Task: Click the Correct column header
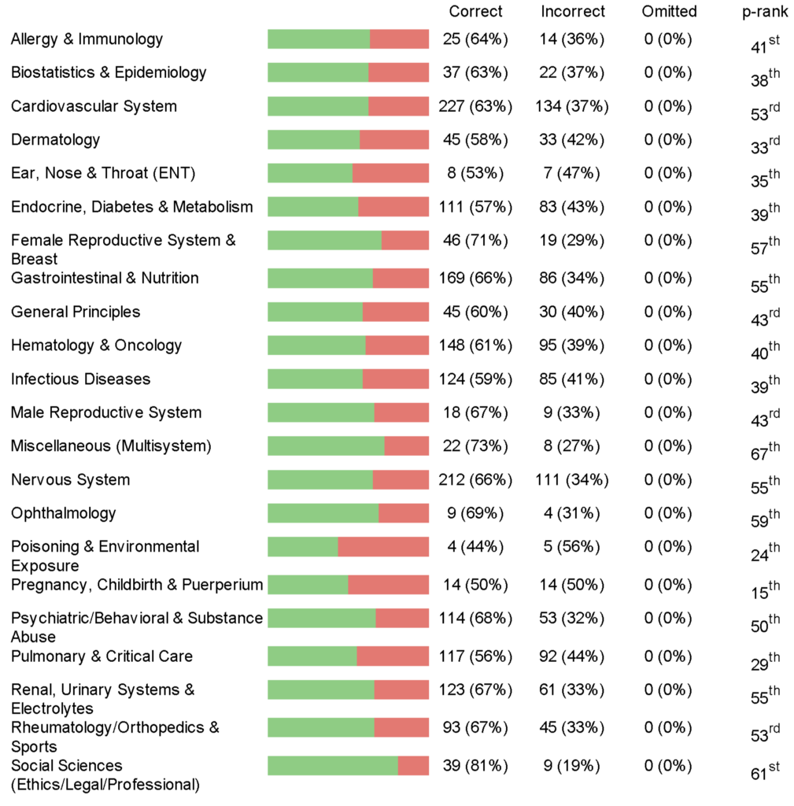click(x=475, y=11)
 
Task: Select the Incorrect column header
click(x=573, y=11)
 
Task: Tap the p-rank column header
click(x=765, y=11)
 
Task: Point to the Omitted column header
click(x=669, y=11)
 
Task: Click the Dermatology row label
click(x=56, y=140)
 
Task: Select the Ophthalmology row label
click(x=63, y=513)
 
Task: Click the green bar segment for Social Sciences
click(x=332, y=766)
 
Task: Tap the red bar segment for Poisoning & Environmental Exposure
click(x=383, y=547)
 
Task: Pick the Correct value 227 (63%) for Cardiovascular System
click(x=475, y=106)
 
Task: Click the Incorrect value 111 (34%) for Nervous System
click(x=573, y=480)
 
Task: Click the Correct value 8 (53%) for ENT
click(x=475, y=173)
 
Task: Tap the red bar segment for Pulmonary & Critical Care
click(x=393, y=656)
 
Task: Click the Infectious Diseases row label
click(x=80, y=379)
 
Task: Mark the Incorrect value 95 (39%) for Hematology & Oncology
click(x=573, y=346)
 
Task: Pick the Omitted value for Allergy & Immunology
click(x=669, y=39)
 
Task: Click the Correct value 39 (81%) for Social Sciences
click(x=475, y=766)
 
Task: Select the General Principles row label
click(x=76, y=312)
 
